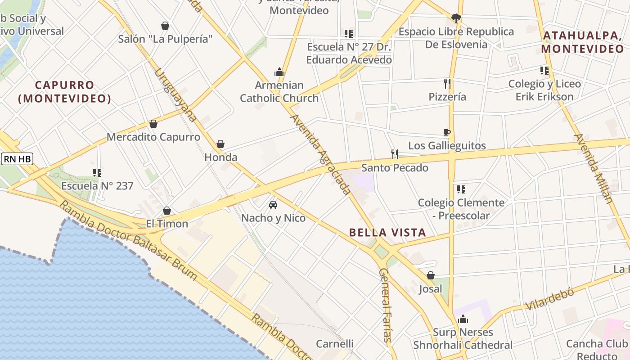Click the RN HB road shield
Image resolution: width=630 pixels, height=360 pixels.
17,159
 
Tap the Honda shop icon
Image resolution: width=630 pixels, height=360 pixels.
220,144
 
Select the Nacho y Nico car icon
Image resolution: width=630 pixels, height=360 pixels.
273,205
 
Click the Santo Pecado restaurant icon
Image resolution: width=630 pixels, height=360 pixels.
395,154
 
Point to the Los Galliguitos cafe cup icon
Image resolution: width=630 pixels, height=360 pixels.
447,132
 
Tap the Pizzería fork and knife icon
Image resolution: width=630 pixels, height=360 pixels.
447,83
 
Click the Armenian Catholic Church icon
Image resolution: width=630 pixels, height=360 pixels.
279,72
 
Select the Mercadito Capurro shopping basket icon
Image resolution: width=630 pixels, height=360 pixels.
153,124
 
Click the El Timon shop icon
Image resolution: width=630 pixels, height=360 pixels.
167,211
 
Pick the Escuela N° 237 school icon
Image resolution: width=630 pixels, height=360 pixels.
97,172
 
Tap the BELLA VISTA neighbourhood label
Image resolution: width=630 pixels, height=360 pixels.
387,233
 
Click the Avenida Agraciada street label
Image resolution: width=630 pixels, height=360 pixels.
320,154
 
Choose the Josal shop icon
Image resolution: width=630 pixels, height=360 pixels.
431,275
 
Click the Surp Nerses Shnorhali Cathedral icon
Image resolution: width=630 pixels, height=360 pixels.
463,319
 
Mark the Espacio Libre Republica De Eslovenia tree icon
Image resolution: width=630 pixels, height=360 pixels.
456,18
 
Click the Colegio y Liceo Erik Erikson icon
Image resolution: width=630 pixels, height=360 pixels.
544,71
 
